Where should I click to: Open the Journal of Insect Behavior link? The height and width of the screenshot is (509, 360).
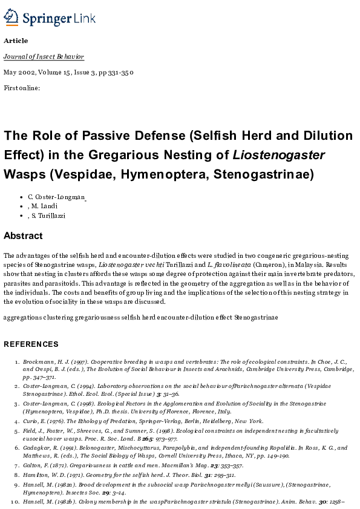(44, 56)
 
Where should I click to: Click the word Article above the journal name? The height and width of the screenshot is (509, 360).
(15, 41)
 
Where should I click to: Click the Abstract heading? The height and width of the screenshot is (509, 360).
(23, 235)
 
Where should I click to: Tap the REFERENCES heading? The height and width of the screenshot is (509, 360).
(31, 344)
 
